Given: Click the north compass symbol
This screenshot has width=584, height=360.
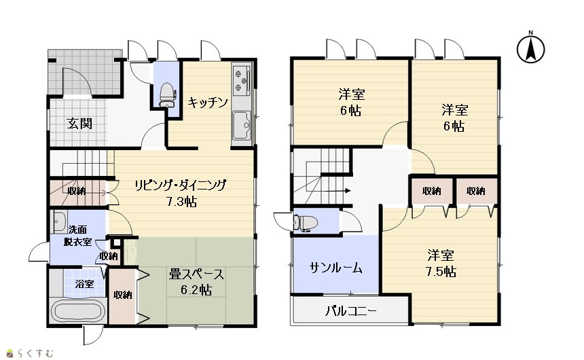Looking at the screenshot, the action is pyautogui.click(x=531, y=48).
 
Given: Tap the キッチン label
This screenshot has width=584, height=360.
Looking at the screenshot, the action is pyautogui.click(x=207, y=102).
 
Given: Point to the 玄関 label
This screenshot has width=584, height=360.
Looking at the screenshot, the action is pyautogui.click(x=79, y=123).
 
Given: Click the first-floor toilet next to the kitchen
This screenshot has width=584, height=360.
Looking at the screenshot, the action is pyautogui.click(x=167, y=94).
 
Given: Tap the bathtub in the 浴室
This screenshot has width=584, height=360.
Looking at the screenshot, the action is pyautogui.click(x=77, y=311).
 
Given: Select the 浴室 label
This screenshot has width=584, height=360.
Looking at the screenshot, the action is pyautogui.click(x=84, y=284).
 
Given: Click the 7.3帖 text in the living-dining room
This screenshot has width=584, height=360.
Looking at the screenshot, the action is pyautogui.click(x=181, y=202).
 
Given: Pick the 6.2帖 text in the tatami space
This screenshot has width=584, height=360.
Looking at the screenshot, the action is pyautogui.click(x=197, y=289).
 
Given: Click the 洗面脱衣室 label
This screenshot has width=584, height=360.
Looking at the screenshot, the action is pyautogui.click(x=77, y=236).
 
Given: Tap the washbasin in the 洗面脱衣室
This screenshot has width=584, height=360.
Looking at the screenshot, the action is pyautogui.click(x=59, y=222).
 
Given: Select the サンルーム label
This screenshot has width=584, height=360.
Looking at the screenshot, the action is pyautogui.click(x=335, y=268).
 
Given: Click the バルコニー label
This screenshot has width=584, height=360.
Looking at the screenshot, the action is pyautogui.click(x=351, y=310).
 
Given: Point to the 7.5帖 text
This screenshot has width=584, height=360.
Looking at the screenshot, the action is pyautogui.click(x=441, y=272).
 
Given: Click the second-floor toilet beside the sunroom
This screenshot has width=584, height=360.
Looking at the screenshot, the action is pyautogui.click(x=306, y=223).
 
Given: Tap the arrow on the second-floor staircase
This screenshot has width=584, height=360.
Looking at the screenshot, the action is pyautogui.click(x=337, y=191).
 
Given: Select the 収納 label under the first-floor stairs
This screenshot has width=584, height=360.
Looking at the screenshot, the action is pyautogui.click(x=77, y=191).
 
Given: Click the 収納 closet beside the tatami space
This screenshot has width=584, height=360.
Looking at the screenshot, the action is pyautogui.click(x=122, y=295).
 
